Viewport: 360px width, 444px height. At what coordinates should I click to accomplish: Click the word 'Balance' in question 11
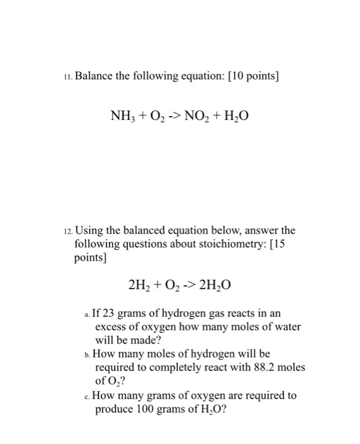tap(96, 77)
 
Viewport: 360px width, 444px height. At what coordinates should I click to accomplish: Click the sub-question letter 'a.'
tap(87, 314)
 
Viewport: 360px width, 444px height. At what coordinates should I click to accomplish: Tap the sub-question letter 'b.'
tap(87, 353)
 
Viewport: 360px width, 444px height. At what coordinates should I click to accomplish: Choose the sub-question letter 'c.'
tap(87, 396)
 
